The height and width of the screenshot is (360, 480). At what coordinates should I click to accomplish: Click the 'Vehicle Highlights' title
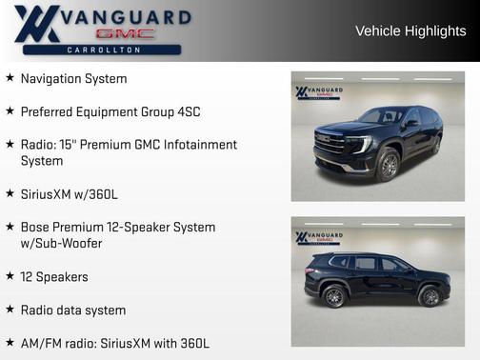tap(410, 31)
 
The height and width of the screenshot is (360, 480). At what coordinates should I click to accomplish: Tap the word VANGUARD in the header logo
tap(125, 16)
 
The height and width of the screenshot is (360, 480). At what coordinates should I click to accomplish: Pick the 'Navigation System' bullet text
tap(73, 78)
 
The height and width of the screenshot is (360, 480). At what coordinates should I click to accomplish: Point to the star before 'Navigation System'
tap(10, 78)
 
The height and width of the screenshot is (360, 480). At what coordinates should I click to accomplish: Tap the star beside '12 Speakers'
tap(10, 276)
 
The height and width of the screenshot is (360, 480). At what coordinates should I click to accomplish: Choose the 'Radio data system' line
tap(73, 310)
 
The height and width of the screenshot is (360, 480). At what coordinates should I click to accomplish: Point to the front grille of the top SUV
tap(330, 145)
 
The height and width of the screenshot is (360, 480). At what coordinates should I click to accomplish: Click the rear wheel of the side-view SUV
tap(334, 296)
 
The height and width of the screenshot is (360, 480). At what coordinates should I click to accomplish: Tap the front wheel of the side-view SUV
tap(430, 296)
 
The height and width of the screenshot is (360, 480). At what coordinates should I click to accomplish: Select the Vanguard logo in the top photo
tap(318, 92)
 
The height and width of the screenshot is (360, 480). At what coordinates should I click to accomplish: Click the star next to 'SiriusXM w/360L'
tap(10, 193)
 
